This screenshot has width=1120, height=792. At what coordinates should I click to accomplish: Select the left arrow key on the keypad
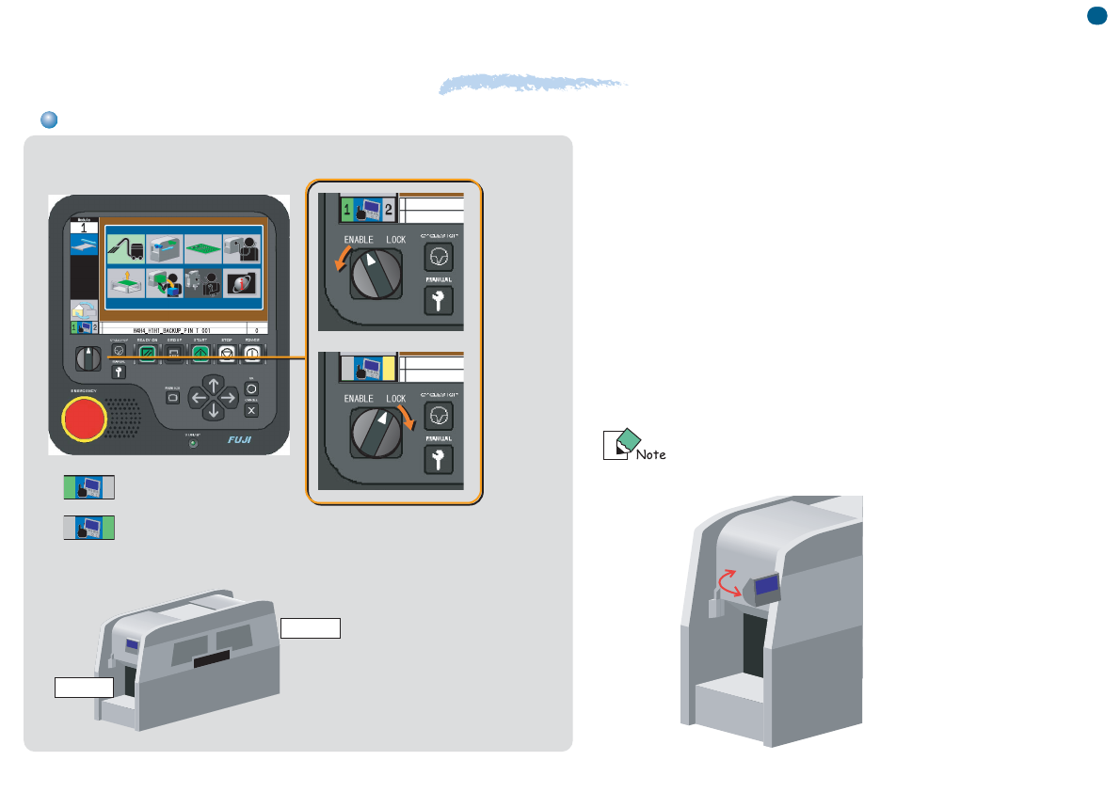pyautogui.click(x=198, y=398)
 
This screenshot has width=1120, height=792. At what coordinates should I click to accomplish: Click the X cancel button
pyautogui.click(x=251, y=410)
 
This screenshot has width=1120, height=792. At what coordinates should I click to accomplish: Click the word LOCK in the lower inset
pyautogui.click(x=396, y=399)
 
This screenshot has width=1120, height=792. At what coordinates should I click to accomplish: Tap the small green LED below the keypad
pyautogui.click(x=194, y=442)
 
